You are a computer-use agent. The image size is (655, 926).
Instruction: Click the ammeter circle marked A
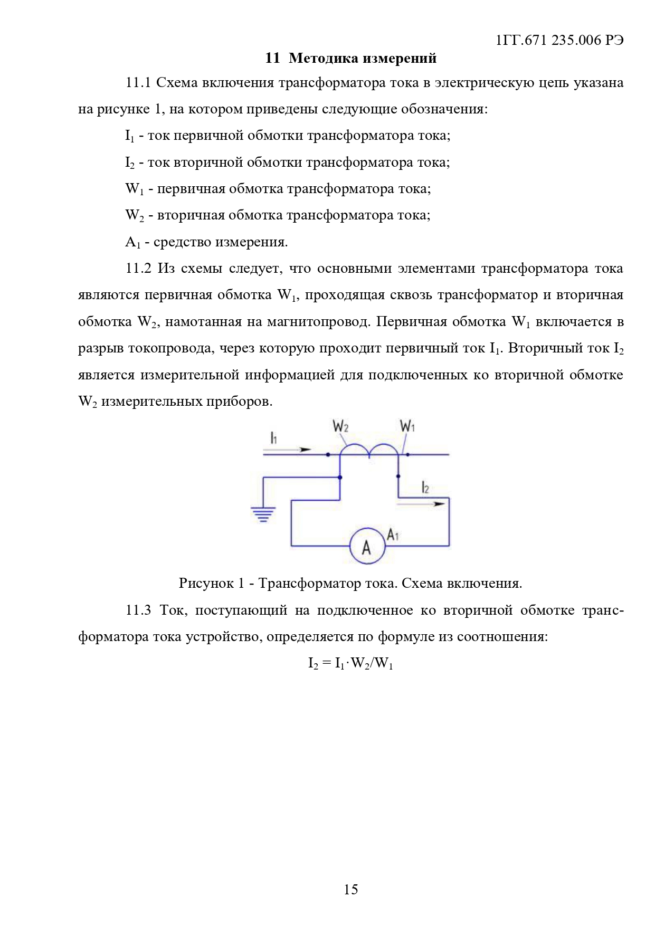pyautogui.click(x=367, y=547)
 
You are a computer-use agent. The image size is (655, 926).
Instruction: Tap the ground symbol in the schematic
pyautogui.click(x=263, y=514)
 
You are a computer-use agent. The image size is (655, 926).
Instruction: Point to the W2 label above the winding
pyautogui.click(x=340, y=426)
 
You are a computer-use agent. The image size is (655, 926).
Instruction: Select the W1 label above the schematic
pyautogui.click(x=407, y=426)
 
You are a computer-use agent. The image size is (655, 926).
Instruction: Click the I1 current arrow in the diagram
pyautogui.click(x=288, y=450)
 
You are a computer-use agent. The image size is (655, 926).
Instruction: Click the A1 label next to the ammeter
pyautogui.click(x=393, y=534)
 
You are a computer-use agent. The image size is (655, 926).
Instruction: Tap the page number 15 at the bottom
pyautogui.click(x=350, y=890)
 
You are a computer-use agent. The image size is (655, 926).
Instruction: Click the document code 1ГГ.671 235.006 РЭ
pyautogui.click(x=559, y=41)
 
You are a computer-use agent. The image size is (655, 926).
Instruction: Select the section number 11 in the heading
pyautogui.click(x=272, y=58)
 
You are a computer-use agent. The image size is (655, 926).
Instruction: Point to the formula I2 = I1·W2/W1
pyautogui.click(x=350, y=663)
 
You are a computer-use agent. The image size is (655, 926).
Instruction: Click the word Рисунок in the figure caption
pyautogui.click(x=204, y=583)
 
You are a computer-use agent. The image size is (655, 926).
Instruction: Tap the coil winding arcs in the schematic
pyautogui.click(x=369, y=449)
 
